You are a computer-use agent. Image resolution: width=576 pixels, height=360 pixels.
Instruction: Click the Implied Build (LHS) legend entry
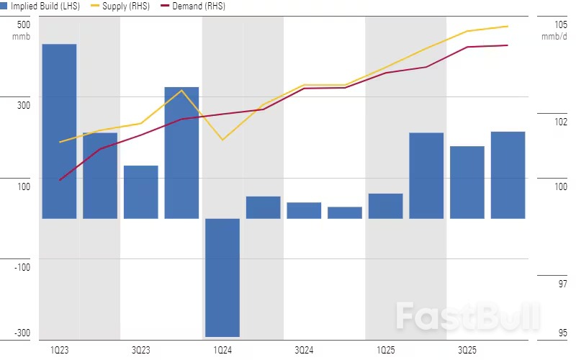coord(40,6)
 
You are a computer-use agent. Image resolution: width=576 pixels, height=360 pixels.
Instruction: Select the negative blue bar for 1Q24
coord(222,277)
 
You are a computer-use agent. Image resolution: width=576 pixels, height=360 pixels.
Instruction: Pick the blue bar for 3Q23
coord(140,192)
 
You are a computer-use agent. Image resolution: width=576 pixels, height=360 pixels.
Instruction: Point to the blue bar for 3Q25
coord(467,182)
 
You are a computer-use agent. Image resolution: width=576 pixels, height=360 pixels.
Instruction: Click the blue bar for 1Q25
coord(385,206)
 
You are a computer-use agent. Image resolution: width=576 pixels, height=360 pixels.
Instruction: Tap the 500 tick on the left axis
coord(23,24)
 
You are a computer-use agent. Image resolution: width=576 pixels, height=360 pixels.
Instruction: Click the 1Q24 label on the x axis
coord(222,350)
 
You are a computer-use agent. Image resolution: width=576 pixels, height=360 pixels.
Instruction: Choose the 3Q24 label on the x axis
coord(304,350)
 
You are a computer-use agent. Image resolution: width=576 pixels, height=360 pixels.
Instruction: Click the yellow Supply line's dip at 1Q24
coord(222,139)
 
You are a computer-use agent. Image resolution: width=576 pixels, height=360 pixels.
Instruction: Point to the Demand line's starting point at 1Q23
coord(59,180)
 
